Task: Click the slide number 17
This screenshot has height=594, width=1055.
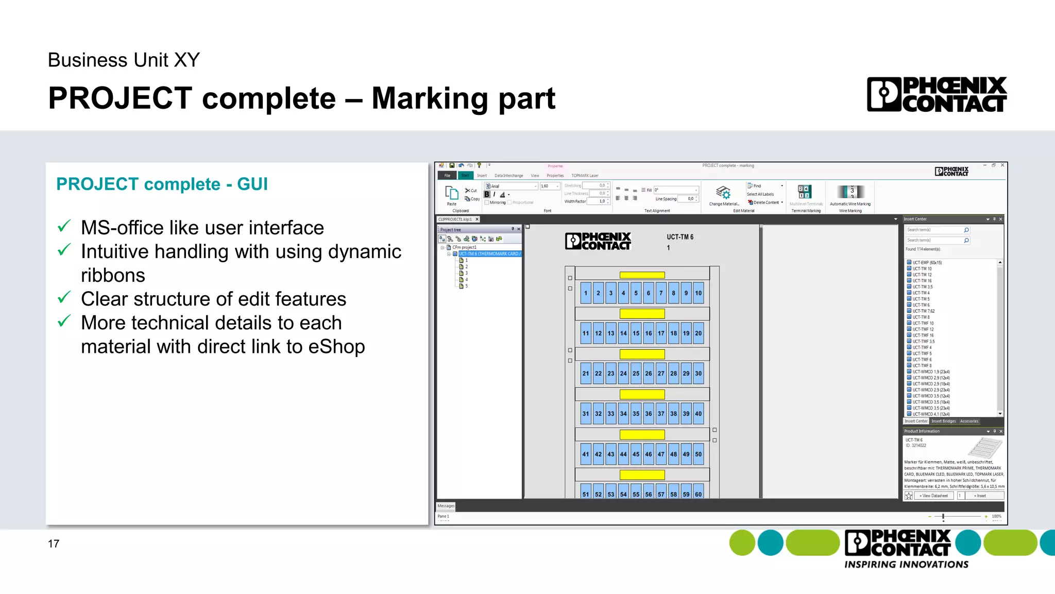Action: (x=54, y=544)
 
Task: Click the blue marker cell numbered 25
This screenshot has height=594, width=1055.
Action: (x=636, y=374)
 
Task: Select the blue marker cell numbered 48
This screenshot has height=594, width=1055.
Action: (x=673, y=454)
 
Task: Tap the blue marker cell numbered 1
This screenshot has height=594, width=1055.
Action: (x=586, y=293)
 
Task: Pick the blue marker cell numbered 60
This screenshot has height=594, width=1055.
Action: (x=698, y=494)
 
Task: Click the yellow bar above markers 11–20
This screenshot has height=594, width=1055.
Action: (x=642, y=314)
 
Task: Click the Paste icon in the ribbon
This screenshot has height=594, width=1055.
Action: (x=452, y=194)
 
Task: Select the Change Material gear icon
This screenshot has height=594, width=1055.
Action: (x=723, y=193)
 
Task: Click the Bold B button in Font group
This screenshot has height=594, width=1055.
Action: (x=487, y=194)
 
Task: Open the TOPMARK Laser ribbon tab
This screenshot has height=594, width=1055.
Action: (x=585, y=176)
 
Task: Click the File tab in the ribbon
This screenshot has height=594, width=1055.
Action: (x=447, y=176)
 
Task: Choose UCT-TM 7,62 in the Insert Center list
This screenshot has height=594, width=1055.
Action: (x=924, y=311)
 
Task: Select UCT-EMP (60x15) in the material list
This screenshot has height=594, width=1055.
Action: (x=927, y=263)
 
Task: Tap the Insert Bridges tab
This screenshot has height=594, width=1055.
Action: (x=943, y=421)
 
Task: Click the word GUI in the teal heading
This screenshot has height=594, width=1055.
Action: (x=252, y=184)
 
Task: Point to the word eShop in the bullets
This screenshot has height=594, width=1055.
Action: (x=336, y=347)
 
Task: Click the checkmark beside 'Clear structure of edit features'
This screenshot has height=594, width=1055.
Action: (x=64, y=298)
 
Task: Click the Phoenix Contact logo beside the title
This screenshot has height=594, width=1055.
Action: (x=937, y=94)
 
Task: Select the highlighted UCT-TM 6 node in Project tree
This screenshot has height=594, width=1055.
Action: (x=489, y=254)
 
